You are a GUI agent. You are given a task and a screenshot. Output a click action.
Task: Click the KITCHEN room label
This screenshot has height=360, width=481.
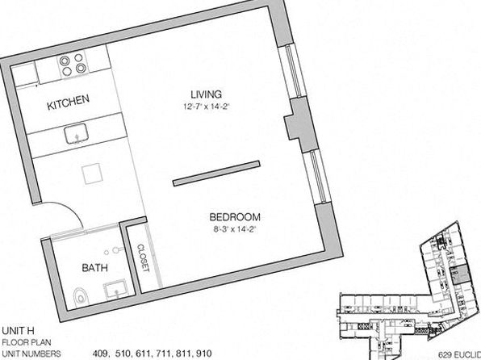coord(68,103)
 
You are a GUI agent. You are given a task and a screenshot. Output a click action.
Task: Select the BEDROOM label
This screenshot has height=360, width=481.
coord(235,217)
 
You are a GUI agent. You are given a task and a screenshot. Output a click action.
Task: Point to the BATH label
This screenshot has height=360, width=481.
coord(94,268)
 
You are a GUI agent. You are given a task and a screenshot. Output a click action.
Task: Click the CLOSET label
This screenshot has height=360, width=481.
coord(143,257)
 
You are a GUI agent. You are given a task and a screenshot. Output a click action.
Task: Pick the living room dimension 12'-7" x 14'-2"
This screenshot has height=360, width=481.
coord(207,107)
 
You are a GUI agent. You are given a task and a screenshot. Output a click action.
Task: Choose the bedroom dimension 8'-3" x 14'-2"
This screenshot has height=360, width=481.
coord(234,229)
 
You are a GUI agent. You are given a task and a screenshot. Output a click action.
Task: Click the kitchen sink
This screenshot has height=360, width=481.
coord(77,134)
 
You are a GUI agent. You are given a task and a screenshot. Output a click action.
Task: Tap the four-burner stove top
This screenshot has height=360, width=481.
coord(73,65)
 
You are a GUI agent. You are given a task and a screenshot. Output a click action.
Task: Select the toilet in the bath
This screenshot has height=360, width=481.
coord(81,296)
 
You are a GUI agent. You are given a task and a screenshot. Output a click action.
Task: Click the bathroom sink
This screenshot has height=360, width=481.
coord(115,289)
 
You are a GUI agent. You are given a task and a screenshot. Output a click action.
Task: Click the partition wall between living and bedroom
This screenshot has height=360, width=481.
coord(216,174)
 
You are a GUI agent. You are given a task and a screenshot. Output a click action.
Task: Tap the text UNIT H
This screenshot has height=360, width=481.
coord(18,331)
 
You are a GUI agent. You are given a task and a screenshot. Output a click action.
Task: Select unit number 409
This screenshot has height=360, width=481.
coord(101,354)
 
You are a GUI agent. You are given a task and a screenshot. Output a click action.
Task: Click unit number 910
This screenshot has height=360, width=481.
coord(203,354)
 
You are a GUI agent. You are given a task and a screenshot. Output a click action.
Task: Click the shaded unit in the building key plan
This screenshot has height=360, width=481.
coord(459,274)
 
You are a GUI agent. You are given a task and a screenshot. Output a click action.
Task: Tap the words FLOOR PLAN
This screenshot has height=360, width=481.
coord(27,342)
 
